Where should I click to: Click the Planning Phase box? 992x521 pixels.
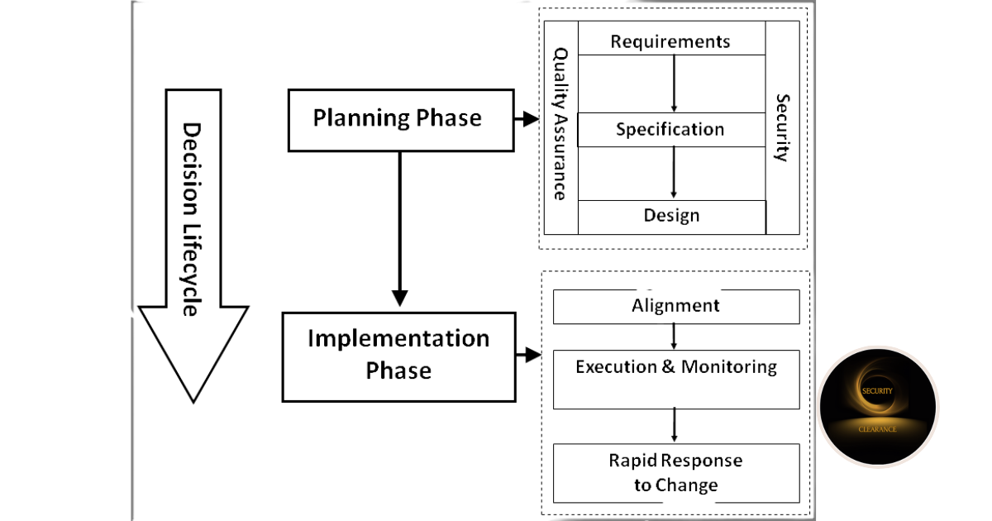pyautogui.click(x=401, y=121)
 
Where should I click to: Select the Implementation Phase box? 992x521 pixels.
pyautogui.click(x=399, y=357)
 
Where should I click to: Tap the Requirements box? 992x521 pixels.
pyautogui.click(x=671, y=38)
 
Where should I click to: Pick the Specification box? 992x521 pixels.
pyautogui.click(x=671, y=129)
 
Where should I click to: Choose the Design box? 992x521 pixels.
pyautogui.click(x=672, y=217)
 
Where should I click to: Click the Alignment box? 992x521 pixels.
pyautogui.click(x=676, y=307)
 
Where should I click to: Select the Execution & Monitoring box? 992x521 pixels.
pyautogui.click(x=676, y=380)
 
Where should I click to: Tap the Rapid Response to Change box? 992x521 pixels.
pyautogui.click(x=676, y=473)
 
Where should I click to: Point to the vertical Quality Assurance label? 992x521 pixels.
pyautogui.click(x=560, y=124)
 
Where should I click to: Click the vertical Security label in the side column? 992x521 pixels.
pyautogui.click(x=783, y=127)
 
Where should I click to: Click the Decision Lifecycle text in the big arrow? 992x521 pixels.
pyautogui.click(x=192, y=219)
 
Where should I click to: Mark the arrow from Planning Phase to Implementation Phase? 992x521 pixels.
pyautogui.click(x=400, y=229)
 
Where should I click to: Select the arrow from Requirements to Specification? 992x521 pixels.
pyautogui.click(x=674, y=84)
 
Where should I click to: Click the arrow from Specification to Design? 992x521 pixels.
pyautogui.click(x=674, y=173)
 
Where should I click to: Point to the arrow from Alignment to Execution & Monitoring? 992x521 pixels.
pyautogui.click(x=674, y=337)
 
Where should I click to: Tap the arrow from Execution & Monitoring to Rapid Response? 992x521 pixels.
pyautogui.click(x=674, y=425)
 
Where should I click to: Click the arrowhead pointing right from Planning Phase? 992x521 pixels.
pyautogui.click(x=531, y=119)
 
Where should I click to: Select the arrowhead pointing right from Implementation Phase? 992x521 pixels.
pyautogui.click(x=533, y=355)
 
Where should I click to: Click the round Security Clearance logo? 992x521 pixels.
pyautogui.click(x=878, y=406)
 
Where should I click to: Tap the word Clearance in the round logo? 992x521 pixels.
pyautogui.click(x=877, y=429)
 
